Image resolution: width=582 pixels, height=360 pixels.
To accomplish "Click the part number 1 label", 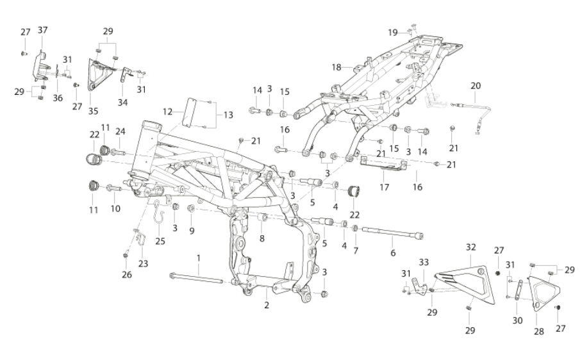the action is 199,258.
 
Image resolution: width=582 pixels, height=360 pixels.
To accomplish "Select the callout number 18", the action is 337,67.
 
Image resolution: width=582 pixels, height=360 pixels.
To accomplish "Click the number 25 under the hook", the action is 160,241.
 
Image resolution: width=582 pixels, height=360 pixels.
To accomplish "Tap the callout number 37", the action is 43,29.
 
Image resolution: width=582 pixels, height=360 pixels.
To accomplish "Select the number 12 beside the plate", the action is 168,111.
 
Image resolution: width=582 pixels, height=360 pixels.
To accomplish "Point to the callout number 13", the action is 228,115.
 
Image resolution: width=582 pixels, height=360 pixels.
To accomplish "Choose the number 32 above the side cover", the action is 470,247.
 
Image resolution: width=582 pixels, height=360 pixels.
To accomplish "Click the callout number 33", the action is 424,263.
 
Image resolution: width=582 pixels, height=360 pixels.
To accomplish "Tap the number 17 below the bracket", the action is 384,187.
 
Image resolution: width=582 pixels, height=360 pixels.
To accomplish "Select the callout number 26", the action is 127,274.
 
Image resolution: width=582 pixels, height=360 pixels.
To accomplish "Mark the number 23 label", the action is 144,264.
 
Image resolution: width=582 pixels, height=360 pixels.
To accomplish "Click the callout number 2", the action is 267,306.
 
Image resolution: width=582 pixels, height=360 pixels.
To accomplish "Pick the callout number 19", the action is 393,33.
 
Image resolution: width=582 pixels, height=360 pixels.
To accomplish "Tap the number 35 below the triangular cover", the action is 93,111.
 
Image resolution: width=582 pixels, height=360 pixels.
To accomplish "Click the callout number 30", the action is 517,320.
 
